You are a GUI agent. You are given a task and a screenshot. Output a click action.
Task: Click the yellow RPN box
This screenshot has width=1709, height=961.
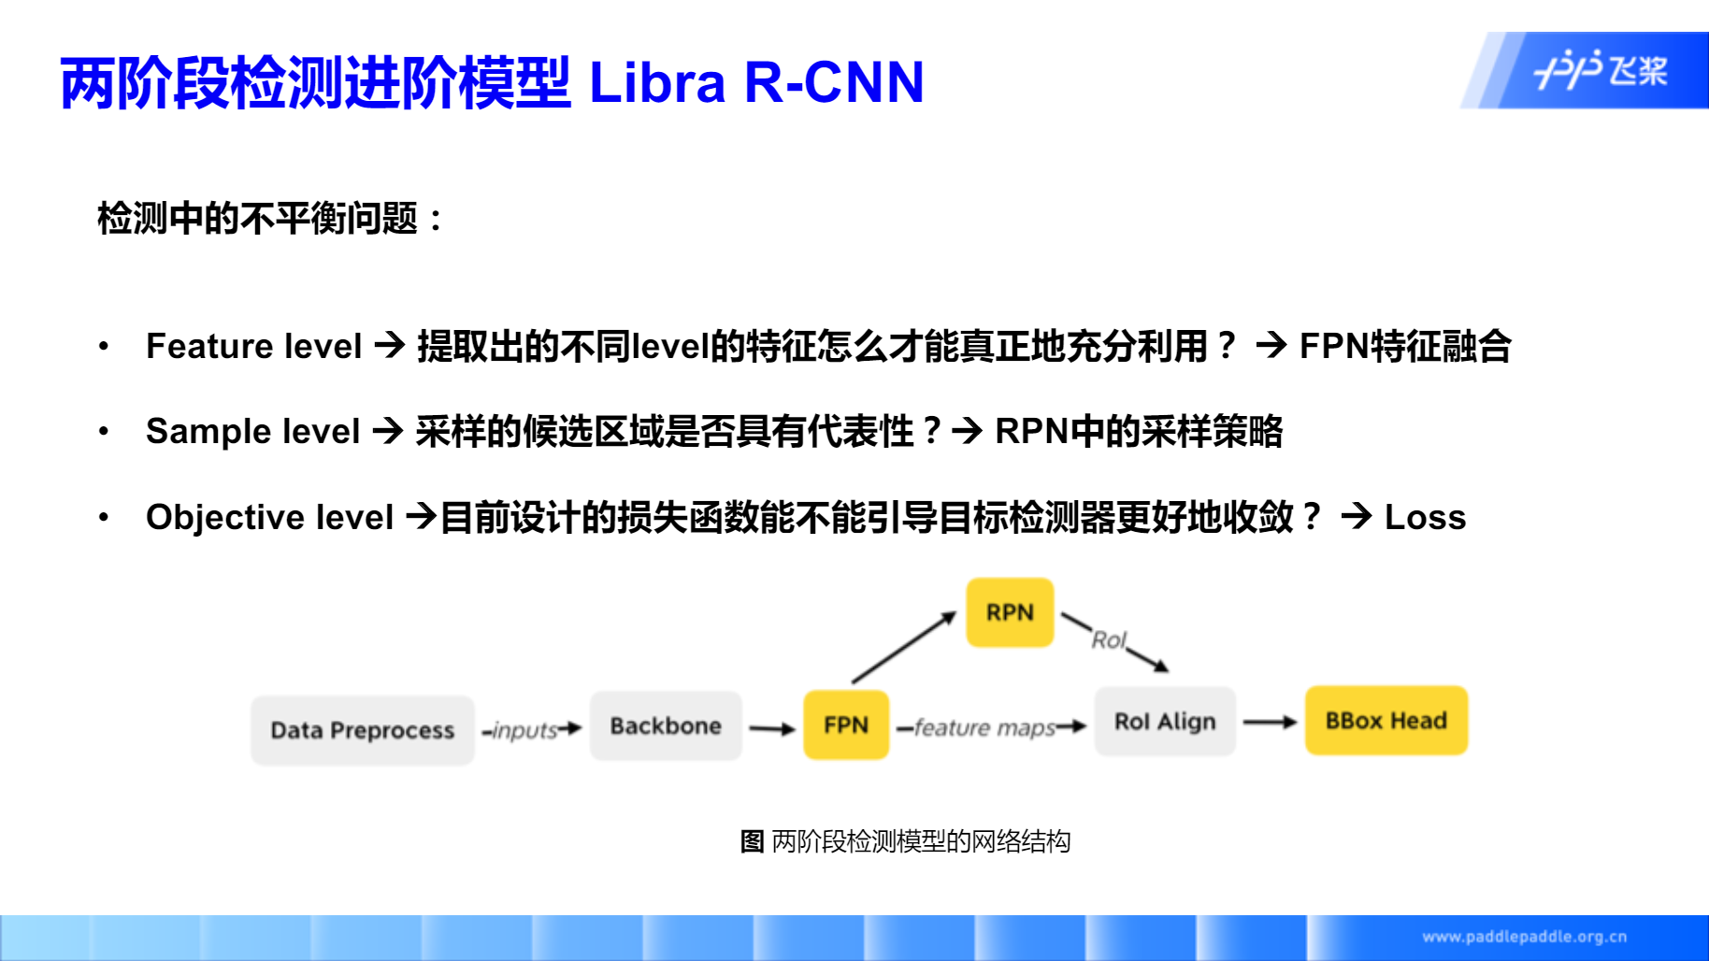tap(1010, 612)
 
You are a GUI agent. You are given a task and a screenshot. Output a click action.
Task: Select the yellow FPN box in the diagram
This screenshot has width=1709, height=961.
tap(846, 725)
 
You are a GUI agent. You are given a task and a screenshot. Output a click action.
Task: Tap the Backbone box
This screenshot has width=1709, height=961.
tap(666, 726)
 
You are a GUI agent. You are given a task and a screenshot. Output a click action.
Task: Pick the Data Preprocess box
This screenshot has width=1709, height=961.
tap(363, 730)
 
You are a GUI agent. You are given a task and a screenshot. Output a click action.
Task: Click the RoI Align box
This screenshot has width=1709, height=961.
tap(1165, 722)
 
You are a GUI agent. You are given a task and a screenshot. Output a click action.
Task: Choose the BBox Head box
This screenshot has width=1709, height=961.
tap(1386, 721)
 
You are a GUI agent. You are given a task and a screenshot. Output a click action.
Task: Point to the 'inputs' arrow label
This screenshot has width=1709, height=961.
tap(525, 730)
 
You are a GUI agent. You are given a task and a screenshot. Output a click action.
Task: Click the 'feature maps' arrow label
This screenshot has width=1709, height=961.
tap(984, 727)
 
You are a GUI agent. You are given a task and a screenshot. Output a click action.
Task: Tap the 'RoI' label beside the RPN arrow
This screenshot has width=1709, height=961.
tap(1109, 640)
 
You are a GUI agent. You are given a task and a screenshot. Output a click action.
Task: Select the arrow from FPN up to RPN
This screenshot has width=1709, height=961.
tap(903, 647)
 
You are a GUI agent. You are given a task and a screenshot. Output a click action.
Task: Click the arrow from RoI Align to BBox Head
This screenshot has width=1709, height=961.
tap(1270, 722)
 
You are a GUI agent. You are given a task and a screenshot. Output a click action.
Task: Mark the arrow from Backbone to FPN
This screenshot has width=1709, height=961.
tap(772, 728)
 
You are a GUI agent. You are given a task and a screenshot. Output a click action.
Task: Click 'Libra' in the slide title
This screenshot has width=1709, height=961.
tap(657, 82)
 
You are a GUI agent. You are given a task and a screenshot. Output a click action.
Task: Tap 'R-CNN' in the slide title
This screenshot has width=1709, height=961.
tap(834, 82)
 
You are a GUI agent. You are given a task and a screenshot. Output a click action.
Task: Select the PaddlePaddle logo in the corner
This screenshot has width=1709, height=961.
tap(1601, 70)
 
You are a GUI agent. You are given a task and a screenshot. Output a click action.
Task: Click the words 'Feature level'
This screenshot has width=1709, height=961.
tap(253, 347)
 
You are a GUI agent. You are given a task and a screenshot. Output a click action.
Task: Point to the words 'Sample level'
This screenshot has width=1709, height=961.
tap(252, 432)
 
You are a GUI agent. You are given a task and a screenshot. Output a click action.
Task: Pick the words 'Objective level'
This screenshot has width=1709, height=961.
tap(269, 517)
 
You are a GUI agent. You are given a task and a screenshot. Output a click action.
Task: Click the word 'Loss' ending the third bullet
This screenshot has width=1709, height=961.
tap(1425, 517)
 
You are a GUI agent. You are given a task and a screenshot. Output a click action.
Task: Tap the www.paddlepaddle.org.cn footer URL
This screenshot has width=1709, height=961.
tap(1524, 937)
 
